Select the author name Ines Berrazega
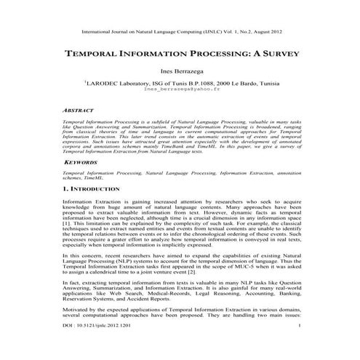[180, 73]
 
